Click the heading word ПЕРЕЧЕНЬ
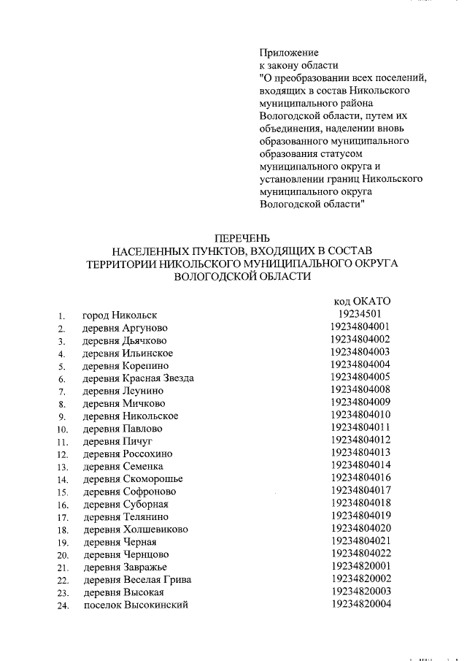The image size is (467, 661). tap(241, 238)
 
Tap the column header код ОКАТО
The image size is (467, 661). tap(363, 301)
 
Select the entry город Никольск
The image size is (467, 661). tap(120, 316)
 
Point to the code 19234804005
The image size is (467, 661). tap(360, 377)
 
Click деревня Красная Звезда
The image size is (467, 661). tap(138, 378)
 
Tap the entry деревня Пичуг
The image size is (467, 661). tap(116, 441)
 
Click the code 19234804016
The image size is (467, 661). tap(360, 478)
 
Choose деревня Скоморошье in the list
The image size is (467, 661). tap(132, 479)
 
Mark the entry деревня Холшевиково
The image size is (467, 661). tap(135, 530)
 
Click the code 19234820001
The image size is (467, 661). tap(360, 565)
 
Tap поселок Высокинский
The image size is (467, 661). tap(135, 605)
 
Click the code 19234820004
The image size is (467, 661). tap(360, 603)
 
